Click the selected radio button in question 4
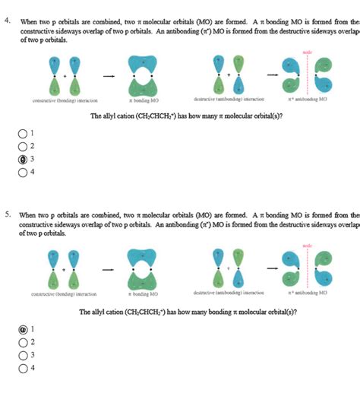(23, 159)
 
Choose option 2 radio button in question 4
(23, 146)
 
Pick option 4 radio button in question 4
(23, 172)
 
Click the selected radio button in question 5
(23, 330)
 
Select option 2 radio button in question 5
(23, 342)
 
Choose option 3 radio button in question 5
(23, 354)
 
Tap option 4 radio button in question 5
(23, 367)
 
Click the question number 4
(6, 21)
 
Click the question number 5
(6, 214)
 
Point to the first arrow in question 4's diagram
(109, 76)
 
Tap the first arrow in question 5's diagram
(109, 270)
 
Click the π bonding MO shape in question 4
(143, 74)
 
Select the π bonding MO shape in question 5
(143, 269)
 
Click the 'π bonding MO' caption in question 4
(142, 100)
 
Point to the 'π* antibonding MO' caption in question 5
(307, 293)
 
